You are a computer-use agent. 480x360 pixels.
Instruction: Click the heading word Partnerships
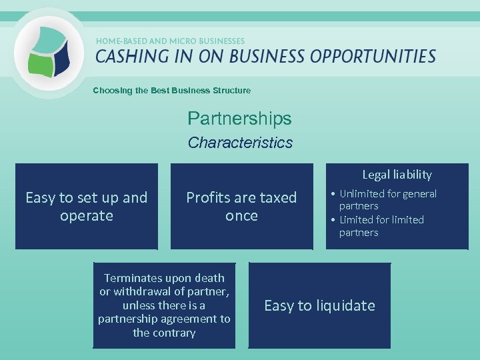[x=239, y=119]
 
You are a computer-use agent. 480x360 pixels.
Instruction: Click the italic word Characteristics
[x=240, y=143]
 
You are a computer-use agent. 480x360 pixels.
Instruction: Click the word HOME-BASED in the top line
[x=121, y=41]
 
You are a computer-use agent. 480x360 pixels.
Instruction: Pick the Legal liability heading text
[x=397, y=175]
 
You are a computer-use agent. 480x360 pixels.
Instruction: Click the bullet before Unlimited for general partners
[x=333, y=194]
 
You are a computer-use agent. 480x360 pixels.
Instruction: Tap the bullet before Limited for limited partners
[x=333, y=220]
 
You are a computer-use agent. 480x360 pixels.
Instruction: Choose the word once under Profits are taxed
[x=241, y=216]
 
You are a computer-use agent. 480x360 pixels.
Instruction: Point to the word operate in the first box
[x=86, y=216]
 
